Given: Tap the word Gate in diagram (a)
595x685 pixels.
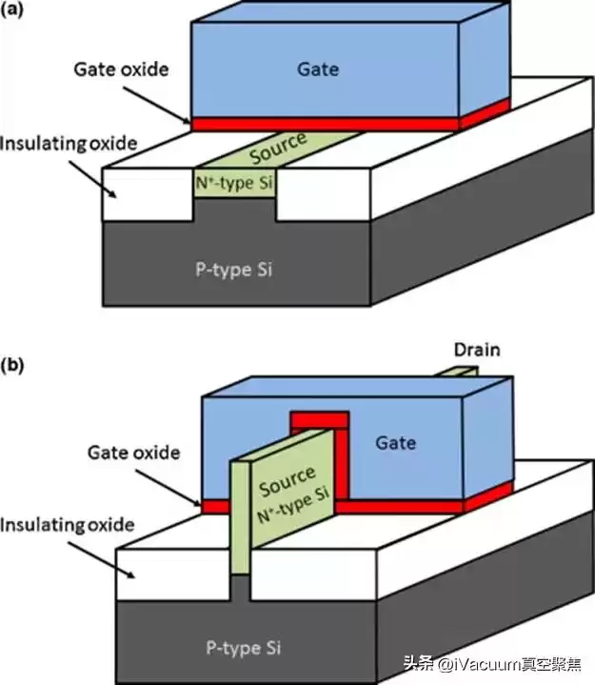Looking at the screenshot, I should pos(317,70).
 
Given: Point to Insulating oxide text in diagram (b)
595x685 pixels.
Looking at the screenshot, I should pos(69,525).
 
